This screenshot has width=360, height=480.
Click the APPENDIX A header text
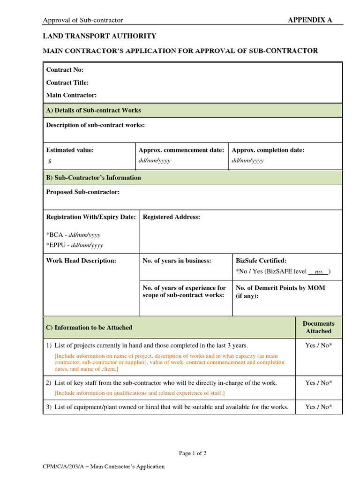click(x=309, y=20)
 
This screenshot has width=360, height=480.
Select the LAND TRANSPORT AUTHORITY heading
click(x=99, y=36)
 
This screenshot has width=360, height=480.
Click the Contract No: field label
click(x=65, y=70)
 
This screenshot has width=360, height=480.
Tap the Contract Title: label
click(x=67, y=82)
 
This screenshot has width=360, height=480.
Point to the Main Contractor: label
click(x=71, y=95)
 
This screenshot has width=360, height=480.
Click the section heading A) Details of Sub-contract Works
click(x=93, y=110)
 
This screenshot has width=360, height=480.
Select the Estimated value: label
click(x=70, y=150)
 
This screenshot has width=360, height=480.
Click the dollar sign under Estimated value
click(x=50, y=161)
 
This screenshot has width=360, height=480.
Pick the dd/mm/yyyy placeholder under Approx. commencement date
click(x=154, y=160)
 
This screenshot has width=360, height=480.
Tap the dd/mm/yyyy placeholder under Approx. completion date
click(x=247, y=160)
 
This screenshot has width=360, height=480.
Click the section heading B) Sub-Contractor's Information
click(x=93, y=178)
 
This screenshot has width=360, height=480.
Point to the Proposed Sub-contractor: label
click(x=82, y=192)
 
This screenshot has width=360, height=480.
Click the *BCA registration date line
click(x=73, y=235)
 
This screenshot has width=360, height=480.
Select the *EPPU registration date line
click(x=75, y=245)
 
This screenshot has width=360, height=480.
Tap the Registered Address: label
click(x=171, y=217)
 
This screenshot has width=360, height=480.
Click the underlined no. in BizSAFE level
click(x=319, y=271)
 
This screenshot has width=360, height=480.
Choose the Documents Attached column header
click(x=318, y=327)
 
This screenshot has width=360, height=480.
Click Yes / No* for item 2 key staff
click(x=318, y=383)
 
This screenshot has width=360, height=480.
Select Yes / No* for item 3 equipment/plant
click(x=318, y=407)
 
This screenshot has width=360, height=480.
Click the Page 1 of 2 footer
click(x=193, y=453)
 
